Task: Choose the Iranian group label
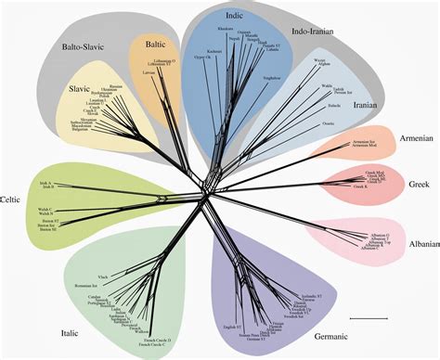tap(391, 106)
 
